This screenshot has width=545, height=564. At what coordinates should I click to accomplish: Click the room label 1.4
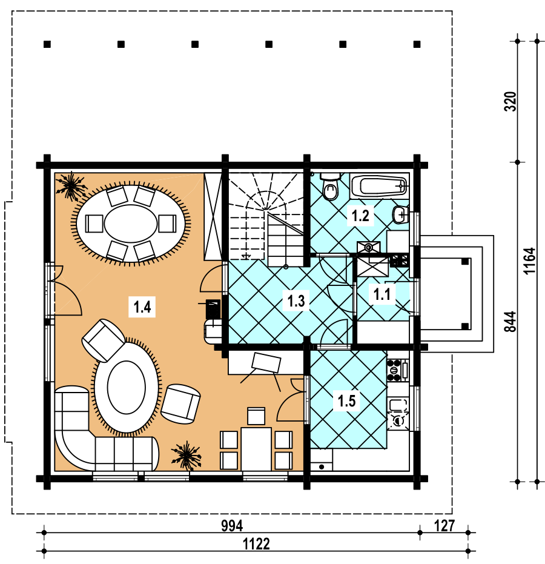tap(142, 307)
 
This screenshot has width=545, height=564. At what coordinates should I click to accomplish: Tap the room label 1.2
tap(360, 216)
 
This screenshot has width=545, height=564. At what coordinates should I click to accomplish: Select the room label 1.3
tap(296, 300)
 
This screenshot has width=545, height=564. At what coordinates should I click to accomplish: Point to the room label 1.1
tap(381, 294)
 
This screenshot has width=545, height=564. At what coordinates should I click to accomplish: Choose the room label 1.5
tap(346, 400)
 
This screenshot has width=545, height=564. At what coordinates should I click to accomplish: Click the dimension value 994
tap(232, 526)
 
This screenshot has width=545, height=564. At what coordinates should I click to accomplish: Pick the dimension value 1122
tap(256, 544)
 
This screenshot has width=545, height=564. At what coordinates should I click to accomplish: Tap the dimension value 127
tap(444, 526)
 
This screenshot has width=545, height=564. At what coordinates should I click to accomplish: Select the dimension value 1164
tap(529, 261)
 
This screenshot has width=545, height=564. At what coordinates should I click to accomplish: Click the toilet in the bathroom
tap(329, 187)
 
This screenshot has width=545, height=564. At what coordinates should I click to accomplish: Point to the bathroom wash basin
tap(400, 214)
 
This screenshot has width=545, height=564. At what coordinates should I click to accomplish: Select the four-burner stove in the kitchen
tap(397, 370)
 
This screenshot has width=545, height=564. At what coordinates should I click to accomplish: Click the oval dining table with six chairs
tap(131, 224)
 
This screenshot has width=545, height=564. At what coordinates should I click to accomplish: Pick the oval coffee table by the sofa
tap(126, 387)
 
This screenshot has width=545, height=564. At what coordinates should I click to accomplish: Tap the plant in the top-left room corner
tap(71, 186)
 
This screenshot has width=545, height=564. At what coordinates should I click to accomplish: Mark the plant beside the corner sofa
tap(186, 456)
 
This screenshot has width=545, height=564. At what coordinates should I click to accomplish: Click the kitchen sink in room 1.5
tap(398, 405)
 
